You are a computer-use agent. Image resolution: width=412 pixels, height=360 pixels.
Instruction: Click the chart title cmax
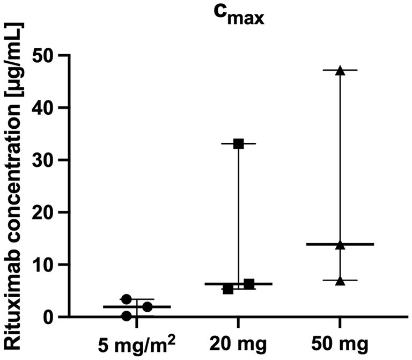click(239, 20)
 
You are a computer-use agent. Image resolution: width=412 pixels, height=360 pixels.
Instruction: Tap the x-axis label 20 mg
click(238, 342)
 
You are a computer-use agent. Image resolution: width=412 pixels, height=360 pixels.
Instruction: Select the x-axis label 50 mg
click(340, 342)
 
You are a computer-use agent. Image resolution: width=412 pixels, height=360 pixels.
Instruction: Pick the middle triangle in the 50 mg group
click(340, 245)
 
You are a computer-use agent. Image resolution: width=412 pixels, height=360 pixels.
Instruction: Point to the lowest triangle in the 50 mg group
click(340, 281)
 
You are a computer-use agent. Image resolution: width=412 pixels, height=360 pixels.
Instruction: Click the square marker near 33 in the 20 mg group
click(239, 144)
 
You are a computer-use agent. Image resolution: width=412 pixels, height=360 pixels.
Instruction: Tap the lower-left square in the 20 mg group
click(228, 290)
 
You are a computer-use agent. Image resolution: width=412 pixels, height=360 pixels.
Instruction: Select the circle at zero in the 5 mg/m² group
click(126, 316)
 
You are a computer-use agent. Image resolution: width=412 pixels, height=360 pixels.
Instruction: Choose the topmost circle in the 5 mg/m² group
click(126, 299)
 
